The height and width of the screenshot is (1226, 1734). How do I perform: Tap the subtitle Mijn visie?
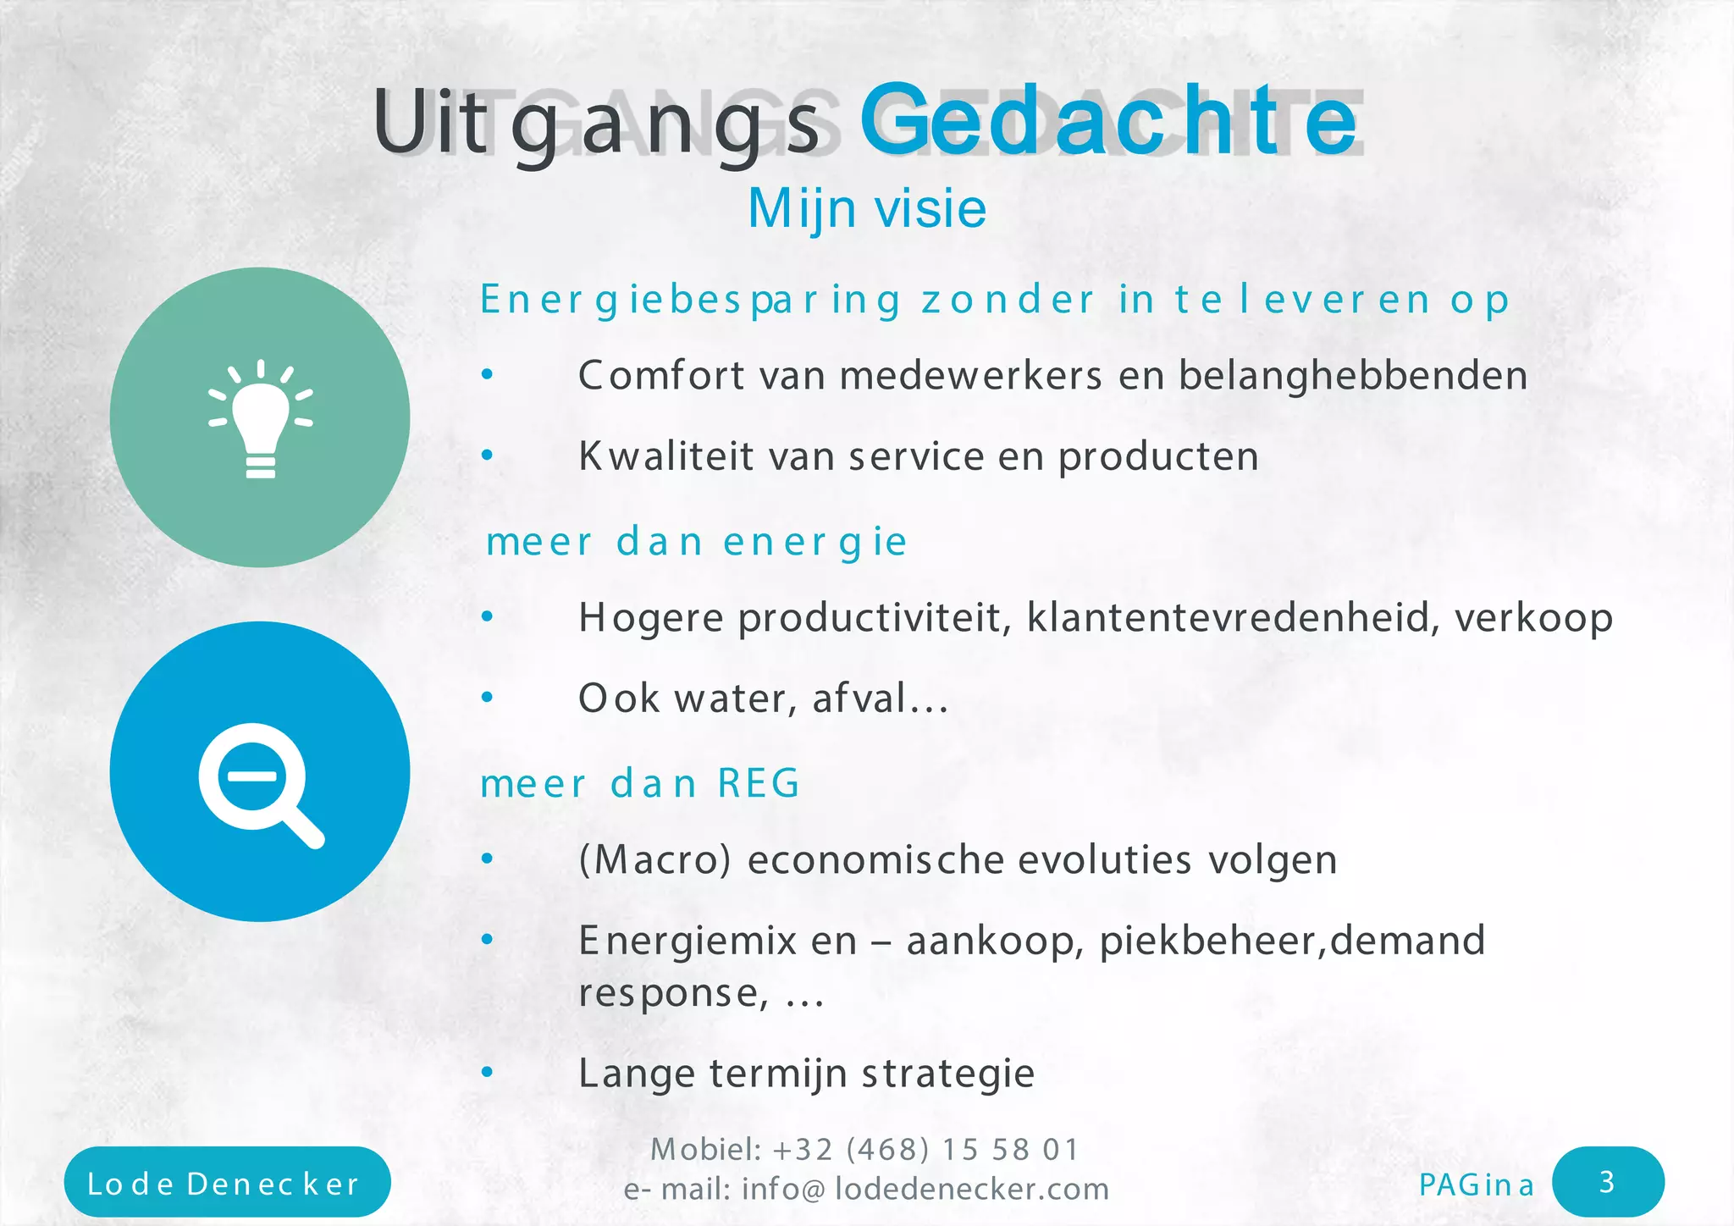(867, 208)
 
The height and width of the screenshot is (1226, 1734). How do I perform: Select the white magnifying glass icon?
(259, 782)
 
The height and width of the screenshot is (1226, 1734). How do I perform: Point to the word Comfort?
(660, 375)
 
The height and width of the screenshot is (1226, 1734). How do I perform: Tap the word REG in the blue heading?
(759, 783)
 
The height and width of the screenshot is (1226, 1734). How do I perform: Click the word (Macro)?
(654, 860)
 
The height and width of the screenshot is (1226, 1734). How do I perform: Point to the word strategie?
(948, 1074)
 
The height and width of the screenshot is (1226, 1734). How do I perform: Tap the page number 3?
(1607, 1182)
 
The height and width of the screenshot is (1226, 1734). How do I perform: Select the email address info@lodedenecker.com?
(925, 1190)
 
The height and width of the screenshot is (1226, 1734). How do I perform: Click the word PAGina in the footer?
(1476, 1185)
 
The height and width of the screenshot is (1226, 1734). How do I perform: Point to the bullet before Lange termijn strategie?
(487, 1073)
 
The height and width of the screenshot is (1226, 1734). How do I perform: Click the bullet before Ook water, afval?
(487, 698)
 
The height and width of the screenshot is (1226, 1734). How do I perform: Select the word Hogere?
(651, 618)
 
